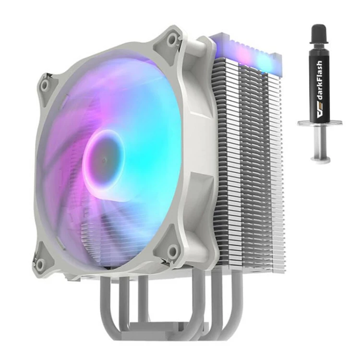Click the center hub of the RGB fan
coord(104,160)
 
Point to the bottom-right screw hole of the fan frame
coord(173,249)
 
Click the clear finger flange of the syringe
coord(319,123)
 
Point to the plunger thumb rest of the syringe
coord(320,159)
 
